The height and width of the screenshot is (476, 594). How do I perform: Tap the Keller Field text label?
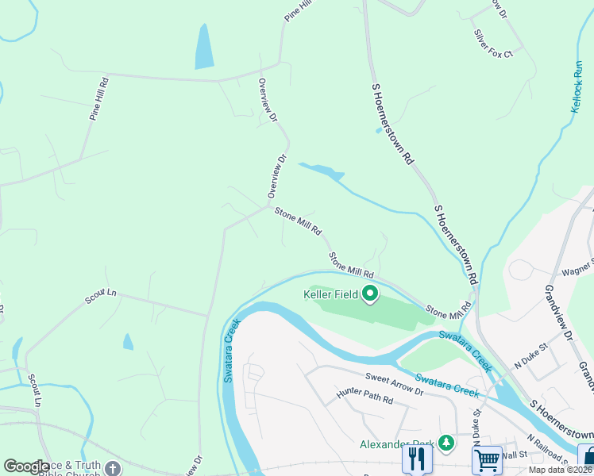[x=331, y=294]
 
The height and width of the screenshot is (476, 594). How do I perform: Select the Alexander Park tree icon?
[x=446, y=442]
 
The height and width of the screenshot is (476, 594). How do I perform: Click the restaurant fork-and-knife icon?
[x=416, y=459]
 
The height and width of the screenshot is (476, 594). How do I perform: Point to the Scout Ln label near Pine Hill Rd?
[x=101, y=297]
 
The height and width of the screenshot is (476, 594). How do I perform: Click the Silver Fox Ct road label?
[x=493, y=44]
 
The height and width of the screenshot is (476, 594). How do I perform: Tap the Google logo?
[x=26, y=466]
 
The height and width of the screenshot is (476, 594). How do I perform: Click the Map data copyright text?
[x=560, y=470]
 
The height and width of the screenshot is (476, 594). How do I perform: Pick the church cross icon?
[x=112, y=468]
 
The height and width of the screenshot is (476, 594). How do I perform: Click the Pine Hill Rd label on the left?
[x=99, y=98]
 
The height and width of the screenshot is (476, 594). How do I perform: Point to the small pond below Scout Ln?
[x=128, y=342]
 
